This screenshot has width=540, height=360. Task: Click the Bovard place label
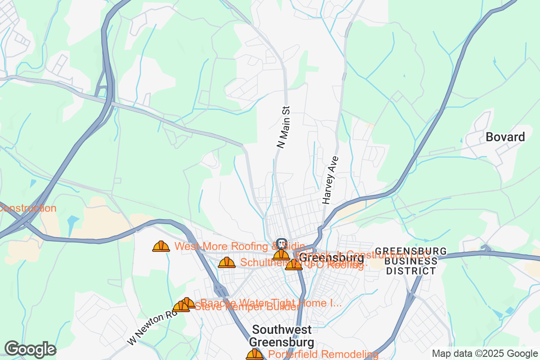click(505, 137)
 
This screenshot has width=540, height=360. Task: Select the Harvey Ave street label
click(330, 180)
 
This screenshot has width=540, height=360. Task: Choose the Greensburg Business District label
click(411, 261)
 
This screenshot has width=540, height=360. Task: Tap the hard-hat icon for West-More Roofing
click(161, 246)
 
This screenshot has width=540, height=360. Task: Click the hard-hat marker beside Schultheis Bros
click(227, 262)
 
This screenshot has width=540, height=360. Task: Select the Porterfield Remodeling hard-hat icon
click(255, 355)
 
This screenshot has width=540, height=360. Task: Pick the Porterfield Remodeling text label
click(323, 355)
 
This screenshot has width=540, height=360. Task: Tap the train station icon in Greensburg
click(282, 243)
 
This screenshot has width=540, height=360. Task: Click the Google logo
click(30, 349)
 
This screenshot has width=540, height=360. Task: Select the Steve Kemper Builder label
click(247, 307)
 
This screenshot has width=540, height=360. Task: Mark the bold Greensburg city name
click(332, 258)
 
